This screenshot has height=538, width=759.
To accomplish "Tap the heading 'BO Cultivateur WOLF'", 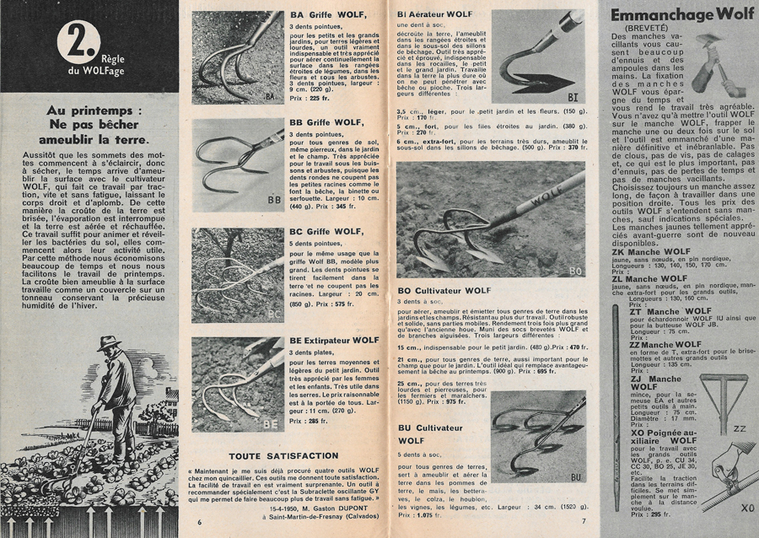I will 444,291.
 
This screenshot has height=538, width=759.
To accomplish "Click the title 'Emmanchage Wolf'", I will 681,14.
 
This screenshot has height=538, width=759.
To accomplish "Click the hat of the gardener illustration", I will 107,343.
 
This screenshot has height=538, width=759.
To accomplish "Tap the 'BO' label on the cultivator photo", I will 576,270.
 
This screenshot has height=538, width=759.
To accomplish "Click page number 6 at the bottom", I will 199,522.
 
